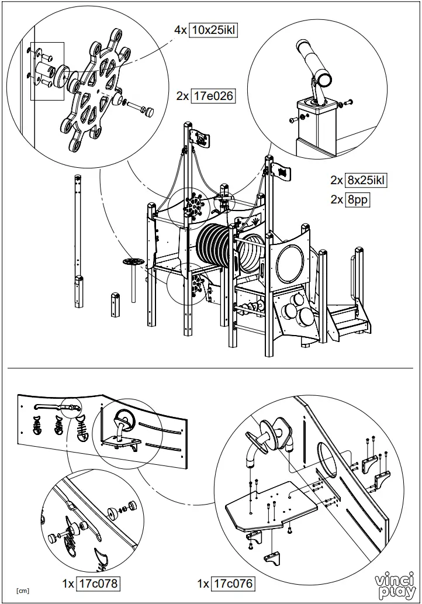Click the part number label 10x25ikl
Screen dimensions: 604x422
tap(213, 30)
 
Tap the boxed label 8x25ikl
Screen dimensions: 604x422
tap(366, 180)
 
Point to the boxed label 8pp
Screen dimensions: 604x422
tap(358, 199)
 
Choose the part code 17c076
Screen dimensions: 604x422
tap(234, 582)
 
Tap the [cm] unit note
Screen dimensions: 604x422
tap(23, 591)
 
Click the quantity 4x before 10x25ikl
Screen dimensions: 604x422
tap(181, 30)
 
